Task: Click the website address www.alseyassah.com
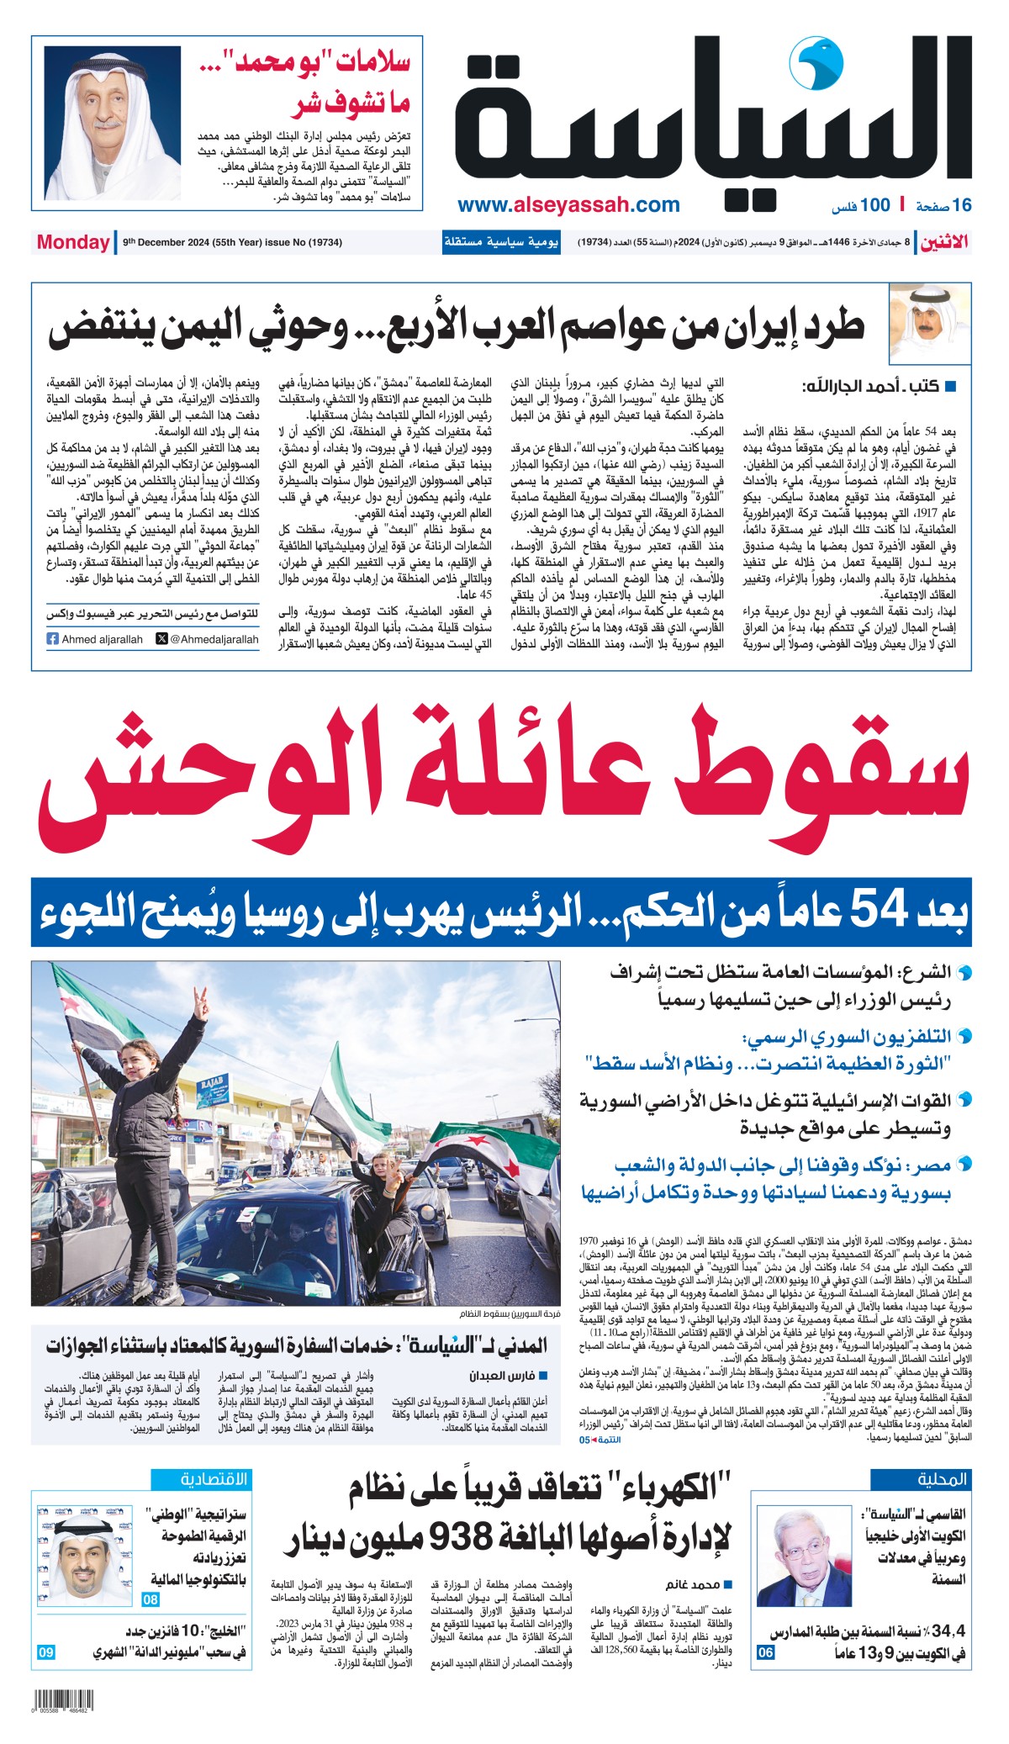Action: (x=568, y=204)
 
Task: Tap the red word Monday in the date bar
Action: (x=73, y=242)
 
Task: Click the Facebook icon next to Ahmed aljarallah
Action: (x=53, y=639)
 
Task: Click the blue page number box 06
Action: (x=765, y=1652)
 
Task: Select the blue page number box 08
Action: (x=151, y=1599)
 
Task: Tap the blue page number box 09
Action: (x=45, y=1652)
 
